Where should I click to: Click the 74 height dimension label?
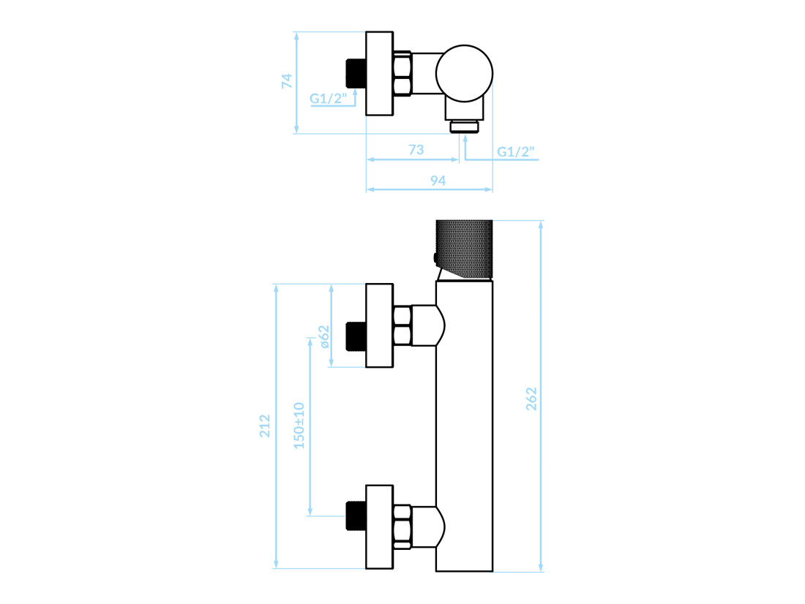[286, 81]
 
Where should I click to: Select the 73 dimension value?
[416, 149]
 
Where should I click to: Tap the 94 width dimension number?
[438, 180]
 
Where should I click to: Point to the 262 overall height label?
[531, 399]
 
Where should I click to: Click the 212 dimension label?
[264, 426]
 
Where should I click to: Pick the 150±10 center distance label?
[299, 426]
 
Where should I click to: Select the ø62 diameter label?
[324, 336]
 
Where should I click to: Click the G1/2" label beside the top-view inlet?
[329, 98]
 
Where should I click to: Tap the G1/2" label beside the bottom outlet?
[515, 151]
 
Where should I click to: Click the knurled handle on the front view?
[465, 249]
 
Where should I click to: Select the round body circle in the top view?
[464, 73]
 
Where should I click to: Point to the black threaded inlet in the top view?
[356, 73]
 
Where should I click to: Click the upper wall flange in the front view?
[379, 325]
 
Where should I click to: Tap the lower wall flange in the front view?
[379, 527]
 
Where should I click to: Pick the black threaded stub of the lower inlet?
[356, 516]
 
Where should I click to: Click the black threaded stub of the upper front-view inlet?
[356, 336]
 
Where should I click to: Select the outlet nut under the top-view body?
[465, 127]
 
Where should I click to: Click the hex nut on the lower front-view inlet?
[402, 527]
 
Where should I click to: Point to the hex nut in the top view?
[402, 73]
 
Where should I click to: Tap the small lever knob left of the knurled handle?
[435, 259]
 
